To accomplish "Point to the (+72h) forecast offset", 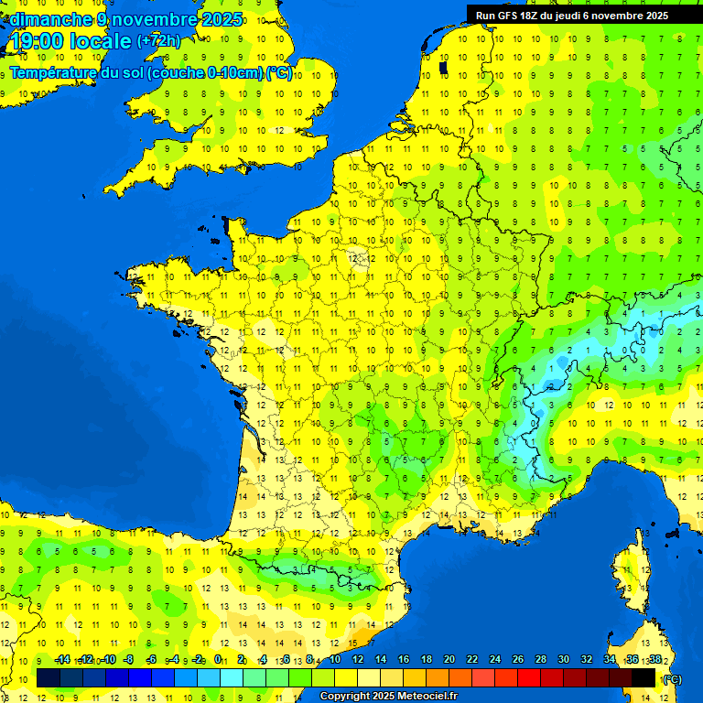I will tap(158, 40).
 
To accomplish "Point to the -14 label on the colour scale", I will tap(62, 659).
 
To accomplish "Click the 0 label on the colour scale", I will tap(218, 659).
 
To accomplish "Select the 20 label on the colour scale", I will tap(449, 659).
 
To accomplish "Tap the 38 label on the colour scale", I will tap(654, 659).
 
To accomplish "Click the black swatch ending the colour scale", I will tap(644, 677).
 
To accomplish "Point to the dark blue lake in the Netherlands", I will tap(444, 67).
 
